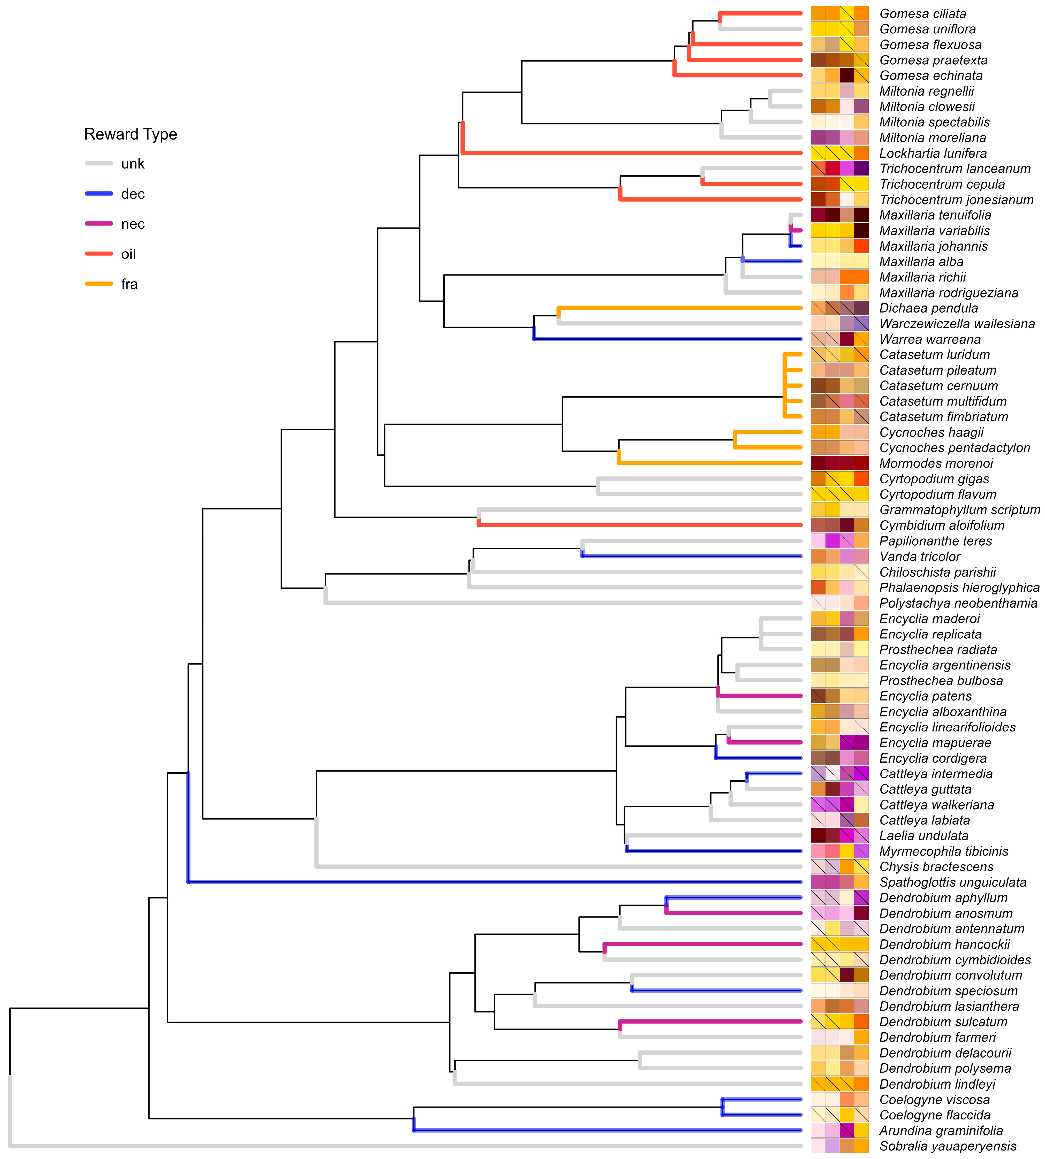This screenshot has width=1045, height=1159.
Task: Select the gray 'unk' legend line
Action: pyautogui.click(x=99, y=164)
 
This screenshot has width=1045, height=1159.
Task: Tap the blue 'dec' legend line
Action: pyautogui.click(x=99, y=194)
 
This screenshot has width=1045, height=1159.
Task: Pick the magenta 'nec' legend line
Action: pyautogui.click(x=99, y=224)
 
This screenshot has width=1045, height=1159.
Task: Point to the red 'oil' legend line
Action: pyautogui.click(x=99, y=254)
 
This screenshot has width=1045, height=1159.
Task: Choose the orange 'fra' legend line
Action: pyautogui.click(x=99, y=284)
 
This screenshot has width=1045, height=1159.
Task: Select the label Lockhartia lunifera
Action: pyautogui.click(x=933, y=153)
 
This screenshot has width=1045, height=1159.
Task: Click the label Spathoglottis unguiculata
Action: pyautogui.click(x=952, y=882)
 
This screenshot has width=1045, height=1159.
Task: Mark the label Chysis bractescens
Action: pyautogui.click(x=936, y=867)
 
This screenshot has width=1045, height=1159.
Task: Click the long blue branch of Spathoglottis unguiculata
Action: pyautogui.click(x=494, y=882)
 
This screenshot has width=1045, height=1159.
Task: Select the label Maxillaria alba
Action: pyautogui.click(x=921, y=262)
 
